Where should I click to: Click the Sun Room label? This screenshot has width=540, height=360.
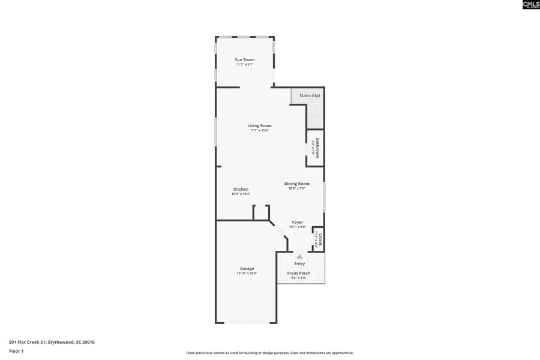(x=244, y=59)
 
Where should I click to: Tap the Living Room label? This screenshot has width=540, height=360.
(x=259, y=125)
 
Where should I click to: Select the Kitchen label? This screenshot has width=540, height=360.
(x=241, y=189)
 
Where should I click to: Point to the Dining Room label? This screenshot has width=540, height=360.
(x=296, y=184)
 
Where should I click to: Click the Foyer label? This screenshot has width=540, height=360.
(x=298, y=222)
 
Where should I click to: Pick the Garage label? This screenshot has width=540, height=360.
(x=247, y=268)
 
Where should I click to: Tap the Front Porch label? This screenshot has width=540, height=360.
(x=298, y=273)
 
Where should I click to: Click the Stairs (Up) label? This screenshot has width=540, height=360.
(x=310, y=95)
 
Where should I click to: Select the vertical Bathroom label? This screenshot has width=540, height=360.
(x=317, y=148)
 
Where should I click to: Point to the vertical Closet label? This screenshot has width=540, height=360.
(x=320, y=239)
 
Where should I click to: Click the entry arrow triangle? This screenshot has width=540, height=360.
(x=299, y=257)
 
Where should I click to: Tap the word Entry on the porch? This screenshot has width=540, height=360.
(x=299, y=263)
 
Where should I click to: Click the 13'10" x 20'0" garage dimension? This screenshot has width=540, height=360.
(x=247, y=274)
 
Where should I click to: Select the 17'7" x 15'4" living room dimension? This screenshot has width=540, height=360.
(x=259, y=131)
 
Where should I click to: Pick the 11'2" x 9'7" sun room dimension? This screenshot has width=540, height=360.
(x=244, y=65)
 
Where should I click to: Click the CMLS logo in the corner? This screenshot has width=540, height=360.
(x=530, y=5)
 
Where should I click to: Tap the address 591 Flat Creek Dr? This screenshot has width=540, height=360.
(x=52, y=342)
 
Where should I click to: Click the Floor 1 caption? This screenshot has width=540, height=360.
(x=16, y=350)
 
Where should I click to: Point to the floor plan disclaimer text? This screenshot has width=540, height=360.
(x=269, y=353)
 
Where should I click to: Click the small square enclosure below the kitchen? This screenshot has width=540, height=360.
(x=260, y=212)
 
